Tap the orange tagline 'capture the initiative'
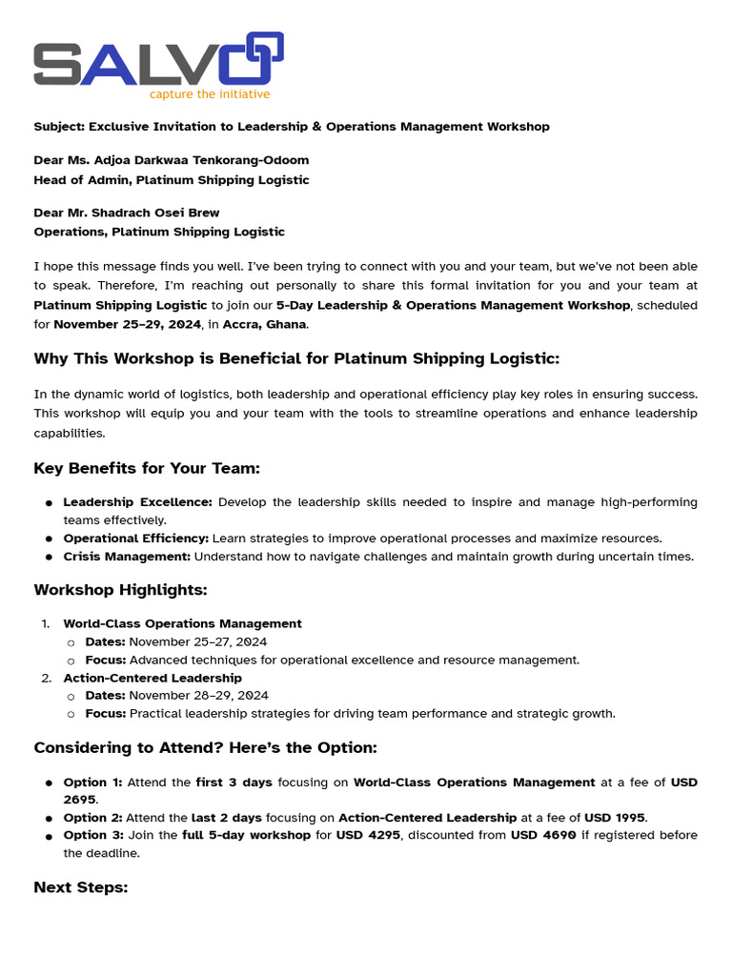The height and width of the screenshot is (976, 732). (x=209, y=94)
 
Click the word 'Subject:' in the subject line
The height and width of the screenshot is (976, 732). (x=59, y=127)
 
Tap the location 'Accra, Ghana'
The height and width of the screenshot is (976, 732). (x=264, y=325)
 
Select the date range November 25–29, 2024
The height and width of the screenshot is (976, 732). (x=127, y=325)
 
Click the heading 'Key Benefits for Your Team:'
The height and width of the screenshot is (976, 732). (x=147, y=469)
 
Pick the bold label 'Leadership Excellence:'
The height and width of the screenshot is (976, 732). (x=138, y=502)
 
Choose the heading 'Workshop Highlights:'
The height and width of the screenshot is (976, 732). (x=120, y=590)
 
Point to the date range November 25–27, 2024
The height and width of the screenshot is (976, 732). (x=198, y=642)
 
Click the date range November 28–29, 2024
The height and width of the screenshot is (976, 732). (x=198, y=696)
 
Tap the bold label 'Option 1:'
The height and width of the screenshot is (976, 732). (x=92, y=783)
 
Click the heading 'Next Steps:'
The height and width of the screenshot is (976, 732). (x=81, y=887)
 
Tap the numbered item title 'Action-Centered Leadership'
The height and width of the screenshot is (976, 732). (x=152, y=678)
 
